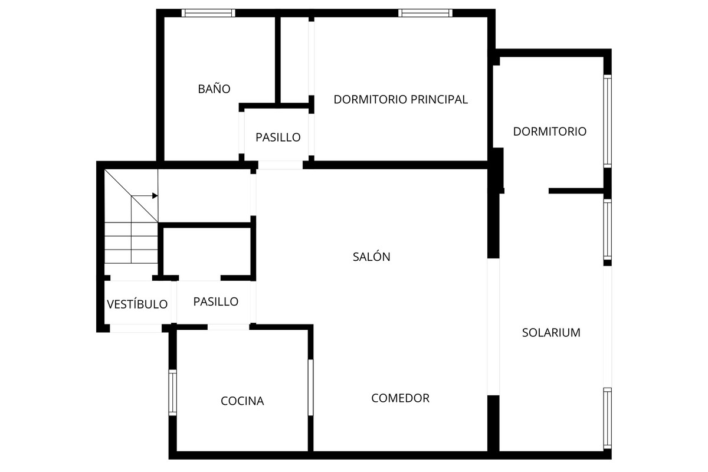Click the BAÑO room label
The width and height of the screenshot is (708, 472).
(214, 89)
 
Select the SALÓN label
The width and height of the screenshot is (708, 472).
(372, 257)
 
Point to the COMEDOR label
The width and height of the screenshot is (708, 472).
(400, 398)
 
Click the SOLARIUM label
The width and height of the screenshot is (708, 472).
(551, 333)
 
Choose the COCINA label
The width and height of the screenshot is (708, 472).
(242, 401)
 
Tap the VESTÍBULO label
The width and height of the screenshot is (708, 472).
(137, 304)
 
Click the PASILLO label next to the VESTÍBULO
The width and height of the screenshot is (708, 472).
(216, 301)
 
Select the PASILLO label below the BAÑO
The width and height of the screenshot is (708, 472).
(278, 137)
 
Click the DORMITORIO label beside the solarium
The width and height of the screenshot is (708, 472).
(550, 132)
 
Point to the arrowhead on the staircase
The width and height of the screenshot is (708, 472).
(155, 196)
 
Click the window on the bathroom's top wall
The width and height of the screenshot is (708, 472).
(208, 13)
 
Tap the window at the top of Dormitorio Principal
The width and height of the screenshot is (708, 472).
(425, 13)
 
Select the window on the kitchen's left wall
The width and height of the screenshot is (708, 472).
(173, 392)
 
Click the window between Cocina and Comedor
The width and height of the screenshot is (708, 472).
(310, 387)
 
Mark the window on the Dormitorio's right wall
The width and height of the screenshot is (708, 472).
(607, 121)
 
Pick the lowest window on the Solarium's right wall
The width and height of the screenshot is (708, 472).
(607, 418)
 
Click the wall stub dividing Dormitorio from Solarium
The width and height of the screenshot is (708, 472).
(576, 191)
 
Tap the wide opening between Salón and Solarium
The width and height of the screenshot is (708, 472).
(493, 326)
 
